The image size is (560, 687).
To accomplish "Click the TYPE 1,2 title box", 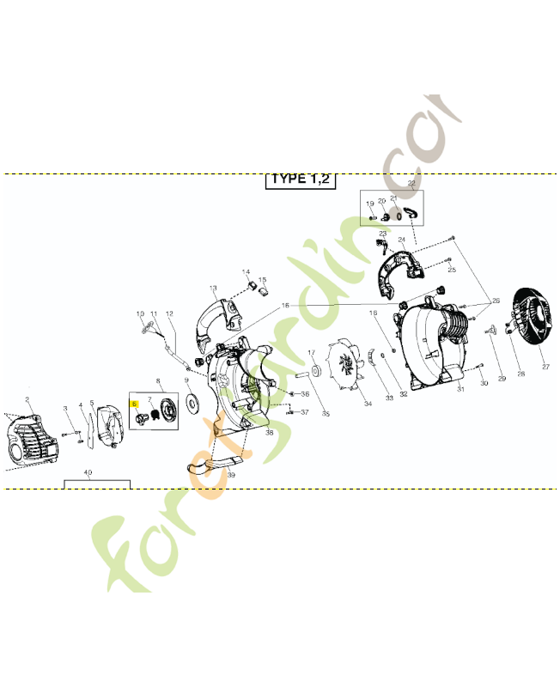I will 299,179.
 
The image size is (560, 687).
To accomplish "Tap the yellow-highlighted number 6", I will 134,402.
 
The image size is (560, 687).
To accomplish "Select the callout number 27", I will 545,367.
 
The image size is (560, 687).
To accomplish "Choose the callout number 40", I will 88,473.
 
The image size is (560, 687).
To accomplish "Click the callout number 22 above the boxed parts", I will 411,185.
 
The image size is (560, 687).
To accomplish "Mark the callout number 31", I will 460,389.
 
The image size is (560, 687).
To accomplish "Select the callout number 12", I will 169,313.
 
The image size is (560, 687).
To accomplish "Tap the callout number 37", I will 304,411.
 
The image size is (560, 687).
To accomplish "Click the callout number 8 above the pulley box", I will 158,380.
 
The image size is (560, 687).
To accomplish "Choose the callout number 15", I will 263,280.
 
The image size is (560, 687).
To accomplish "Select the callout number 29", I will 502,378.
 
